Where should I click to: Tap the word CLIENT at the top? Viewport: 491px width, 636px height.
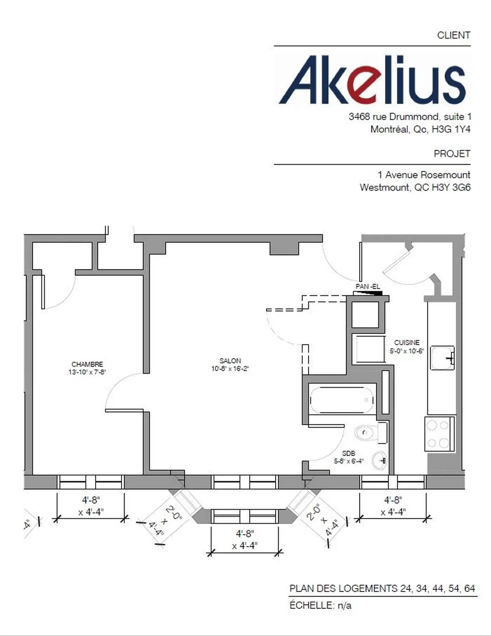point(454,35)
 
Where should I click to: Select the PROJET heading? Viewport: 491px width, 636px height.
point(452,154)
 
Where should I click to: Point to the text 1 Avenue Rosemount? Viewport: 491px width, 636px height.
point(424,175)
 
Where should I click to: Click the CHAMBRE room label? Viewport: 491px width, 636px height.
point(87,364)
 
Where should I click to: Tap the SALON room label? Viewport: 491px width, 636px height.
point(230,361)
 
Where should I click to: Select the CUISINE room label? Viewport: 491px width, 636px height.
point(407,342)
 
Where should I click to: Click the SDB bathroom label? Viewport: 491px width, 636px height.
point(349,453)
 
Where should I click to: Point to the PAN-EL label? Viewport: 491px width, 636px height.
point(368,287)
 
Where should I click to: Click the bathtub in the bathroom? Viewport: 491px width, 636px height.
point(342,400)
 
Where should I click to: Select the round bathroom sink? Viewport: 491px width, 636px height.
point(379,461)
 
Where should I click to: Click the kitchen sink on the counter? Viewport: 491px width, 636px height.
point(442,358)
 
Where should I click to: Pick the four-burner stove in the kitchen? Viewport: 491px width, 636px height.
point(439,434)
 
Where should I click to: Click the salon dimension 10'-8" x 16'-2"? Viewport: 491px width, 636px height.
point(230,369)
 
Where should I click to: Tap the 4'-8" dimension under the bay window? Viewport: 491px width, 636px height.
point(245,533)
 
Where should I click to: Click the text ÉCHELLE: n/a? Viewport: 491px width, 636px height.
point(320,606)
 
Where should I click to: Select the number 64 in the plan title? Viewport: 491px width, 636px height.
point(470,588)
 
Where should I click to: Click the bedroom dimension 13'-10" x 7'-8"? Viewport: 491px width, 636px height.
point(87,372)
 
